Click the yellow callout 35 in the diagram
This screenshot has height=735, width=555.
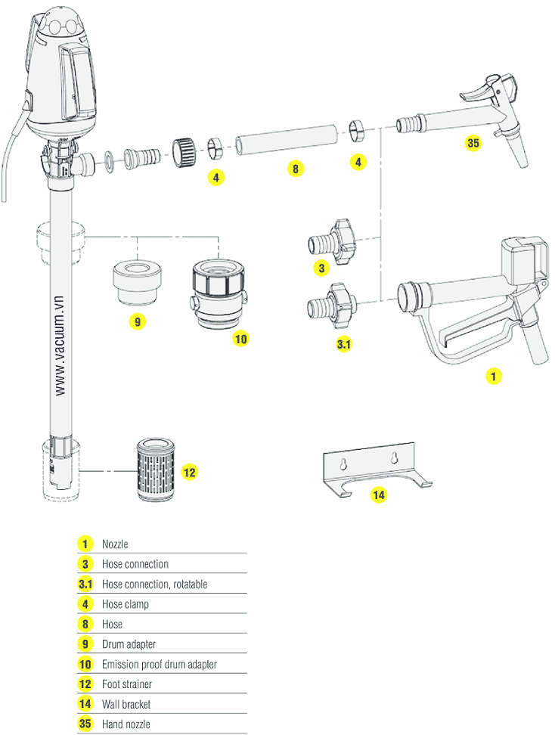(473, 143)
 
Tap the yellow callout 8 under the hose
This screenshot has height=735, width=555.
(296, 169)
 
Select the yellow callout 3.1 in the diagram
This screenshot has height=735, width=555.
(343, 344)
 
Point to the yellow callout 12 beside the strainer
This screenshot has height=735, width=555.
(190, 473)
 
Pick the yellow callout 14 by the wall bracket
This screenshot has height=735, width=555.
(378, 495)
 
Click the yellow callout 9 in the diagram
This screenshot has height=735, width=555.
(137, 321)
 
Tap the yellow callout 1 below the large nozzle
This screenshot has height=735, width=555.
(493, 374)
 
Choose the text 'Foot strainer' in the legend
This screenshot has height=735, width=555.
(127, 684)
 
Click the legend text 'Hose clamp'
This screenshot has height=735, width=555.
(126, 604)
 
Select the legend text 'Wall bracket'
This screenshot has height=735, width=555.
(126, 704)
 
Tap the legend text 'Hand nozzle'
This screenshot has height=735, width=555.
(126, 724)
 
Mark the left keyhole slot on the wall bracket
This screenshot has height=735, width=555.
(345, 461)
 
